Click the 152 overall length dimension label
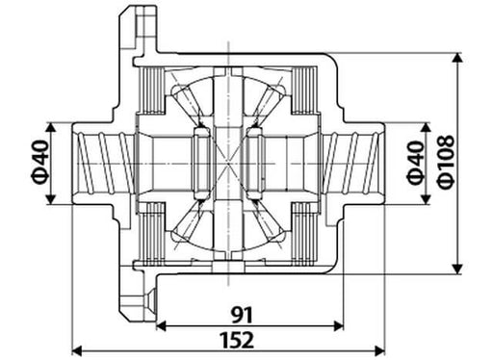pyautogui.click(x=237, y=340)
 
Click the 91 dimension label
pyautogui.click(x=243, y=315)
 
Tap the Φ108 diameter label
pyautogui.click(x=446, y=162)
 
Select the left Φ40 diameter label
pyautogui.click(x=40, y=162)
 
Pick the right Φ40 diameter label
pyautogui.click(x=416, y=163)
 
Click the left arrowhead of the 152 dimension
pyautogui.click(x=77, y=350)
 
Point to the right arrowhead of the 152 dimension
pyautogui.click(x=379, y=350)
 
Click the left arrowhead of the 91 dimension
pyautogui.click(x=162, y=326)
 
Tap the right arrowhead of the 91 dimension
pyautogui.click(x=339, y=326)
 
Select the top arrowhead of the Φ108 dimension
pyautogui.click(x=457, y=58)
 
